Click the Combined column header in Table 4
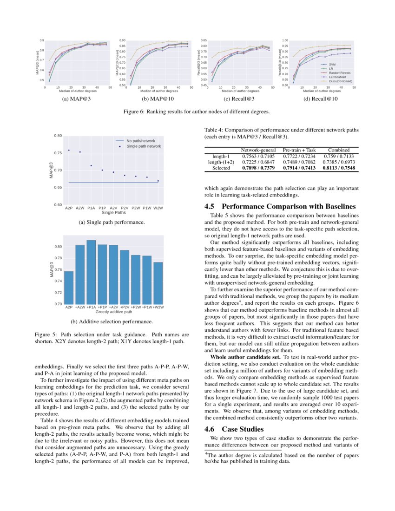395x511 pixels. tap(339, 151)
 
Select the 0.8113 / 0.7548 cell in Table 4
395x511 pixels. tap(339, 168)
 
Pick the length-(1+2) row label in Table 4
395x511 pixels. tap(221, 162)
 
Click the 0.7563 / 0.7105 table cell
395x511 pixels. tap(259, 157)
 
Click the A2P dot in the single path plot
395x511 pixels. tap(69, 150)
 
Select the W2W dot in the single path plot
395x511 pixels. tap(158, 181)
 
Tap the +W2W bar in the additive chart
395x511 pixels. tap(158, 283)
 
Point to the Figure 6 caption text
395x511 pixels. tap(197, 111)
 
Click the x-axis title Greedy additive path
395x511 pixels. tap(114, 312)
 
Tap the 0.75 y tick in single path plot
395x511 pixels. tap(59, 153)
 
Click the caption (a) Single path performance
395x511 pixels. tap(113, 223)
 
